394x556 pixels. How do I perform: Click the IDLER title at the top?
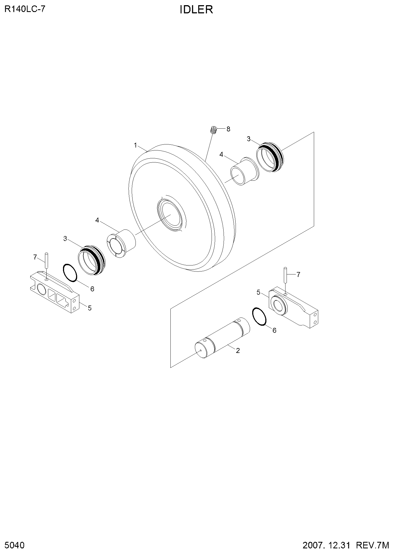point(196,10)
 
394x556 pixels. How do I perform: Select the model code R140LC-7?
point(25,9)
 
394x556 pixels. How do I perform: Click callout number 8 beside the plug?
point(228,129)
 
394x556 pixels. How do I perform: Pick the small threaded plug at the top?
point(214,130)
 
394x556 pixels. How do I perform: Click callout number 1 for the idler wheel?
point(136,145)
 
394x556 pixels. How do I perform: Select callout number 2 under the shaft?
point(238,350)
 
